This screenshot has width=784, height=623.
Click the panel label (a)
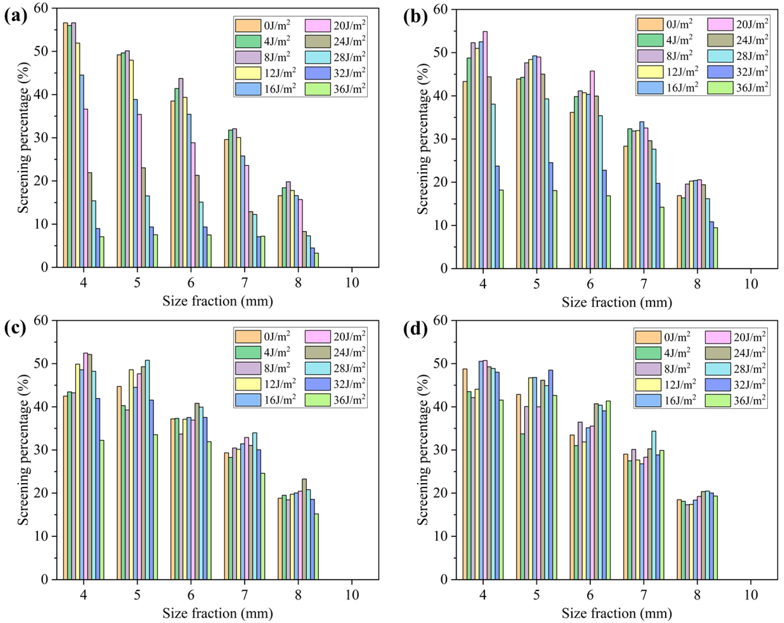pyautogui.click(x=15, y=16)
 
